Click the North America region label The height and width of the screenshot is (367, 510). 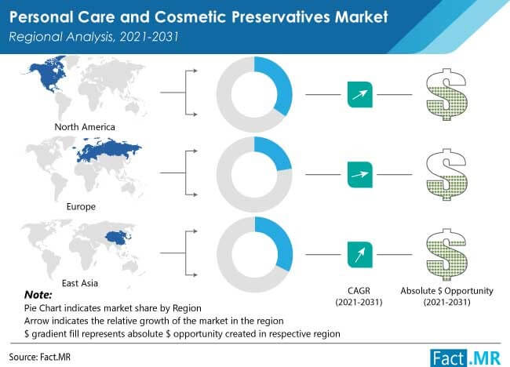(x=85, y=127)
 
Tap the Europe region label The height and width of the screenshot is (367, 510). (x=81, y=206)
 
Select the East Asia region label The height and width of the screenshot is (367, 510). (x=80, y=283)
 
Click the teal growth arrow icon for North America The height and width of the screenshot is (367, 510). (x=359, y=95)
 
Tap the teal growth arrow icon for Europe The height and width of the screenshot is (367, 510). (x=359, y=175)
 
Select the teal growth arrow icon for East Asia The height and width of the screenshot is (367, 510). (x=359, y=255)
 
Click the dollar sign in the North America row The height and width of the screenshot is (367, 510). (x=447, y=94)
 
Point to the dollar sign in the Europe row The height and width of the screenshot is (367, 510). (x=447, y=175)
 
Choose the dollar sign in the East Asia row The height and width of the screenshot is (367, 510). (x=447, y=255)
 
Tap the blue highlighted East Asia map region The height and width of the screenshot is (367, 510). (x=119, y=238)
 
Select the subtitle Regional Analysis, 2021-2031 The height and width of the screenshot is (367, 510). (x=93, y=37)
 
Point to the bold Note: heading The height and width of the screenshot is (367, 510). (x=38, y=295)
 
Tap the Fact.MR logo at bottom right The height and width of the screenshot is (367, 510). (x=465, y=358)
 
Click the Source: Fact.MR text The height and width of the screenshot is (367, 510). (x=40, y=357)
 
